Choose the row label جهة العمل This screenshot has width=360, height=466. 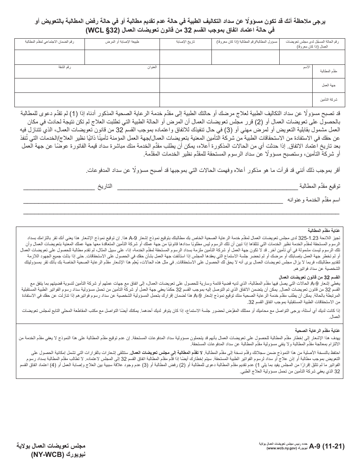[x=329, y=86]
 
